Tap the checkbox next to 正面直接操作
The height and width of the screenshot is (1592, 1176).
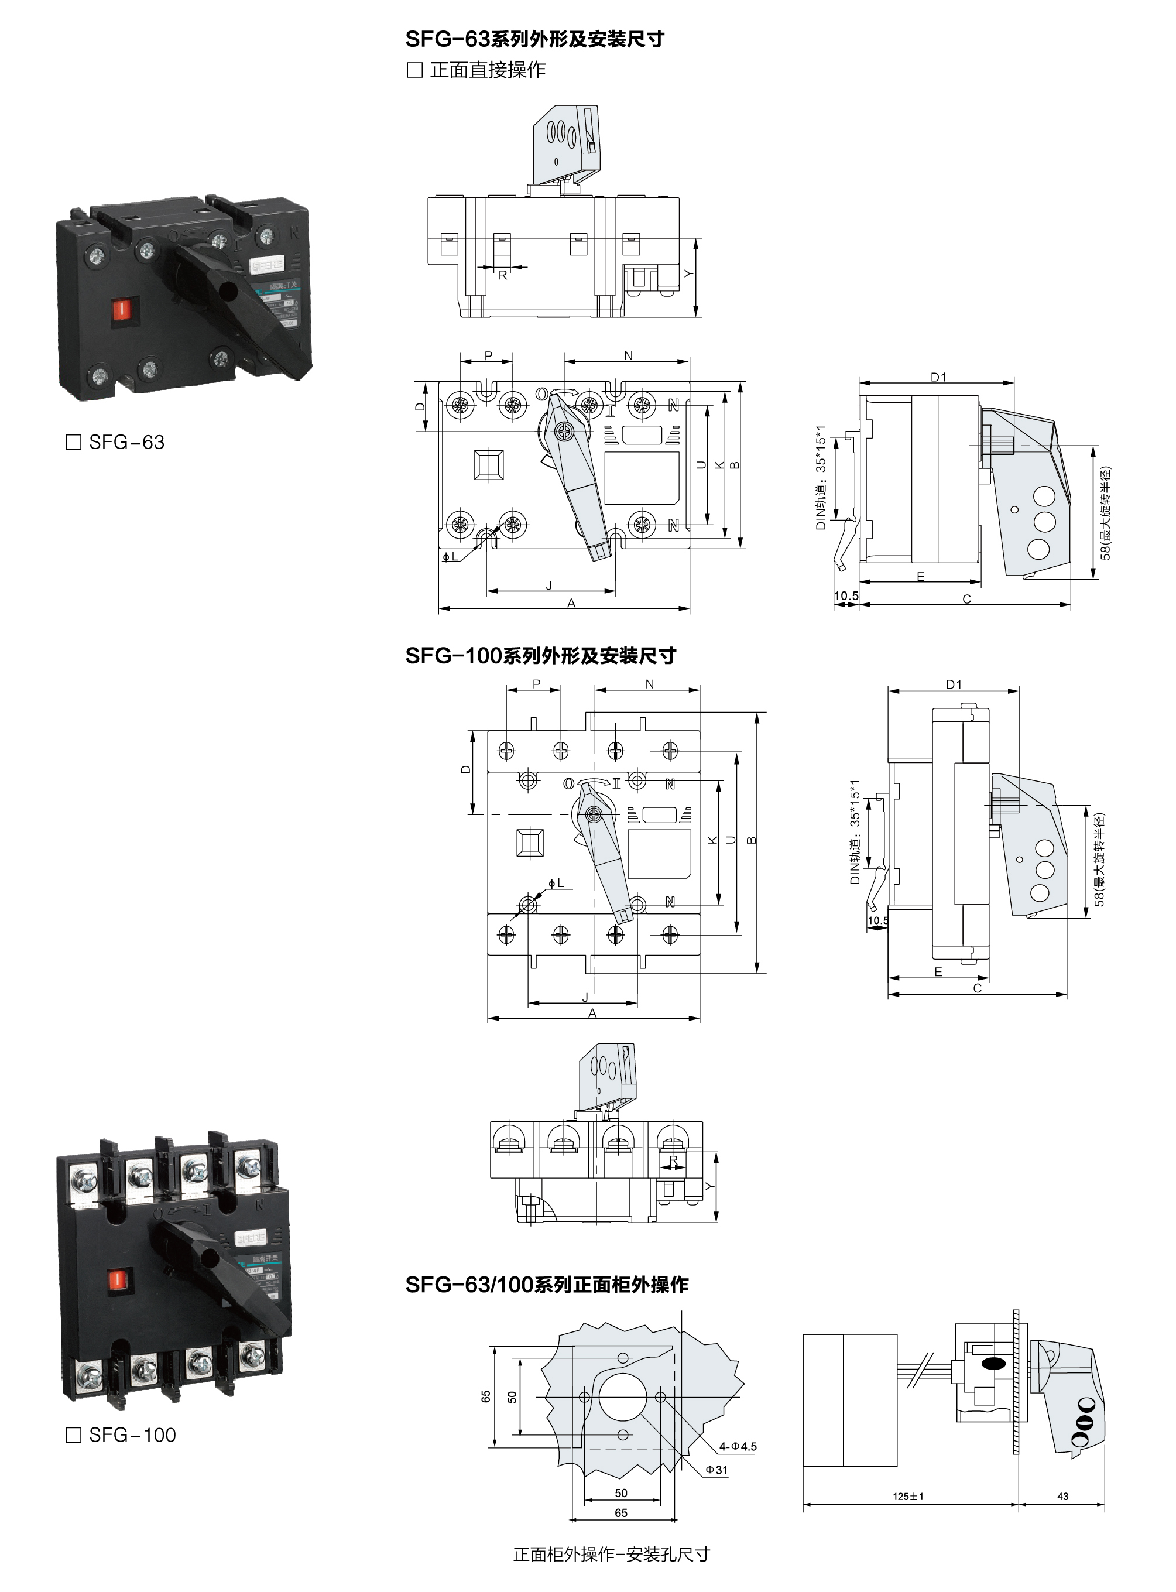click(414, 70)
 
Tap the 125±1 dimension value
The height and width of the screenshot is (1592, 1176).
click(908, 1496)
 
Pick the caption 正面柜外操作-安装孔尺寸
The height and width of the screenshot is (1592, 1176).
click(611, 1555)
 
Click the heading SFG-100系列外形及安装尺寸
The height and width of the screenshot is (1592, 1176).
click(540, 656)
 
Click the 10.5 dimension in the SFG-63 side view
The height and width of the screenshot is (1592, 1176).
click(846, 596)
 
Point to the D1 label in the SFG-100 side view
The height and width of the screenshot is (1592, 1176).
click(954, 684)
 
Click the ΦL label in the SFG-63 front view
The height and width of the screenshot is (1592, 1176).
click(450, 556)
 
